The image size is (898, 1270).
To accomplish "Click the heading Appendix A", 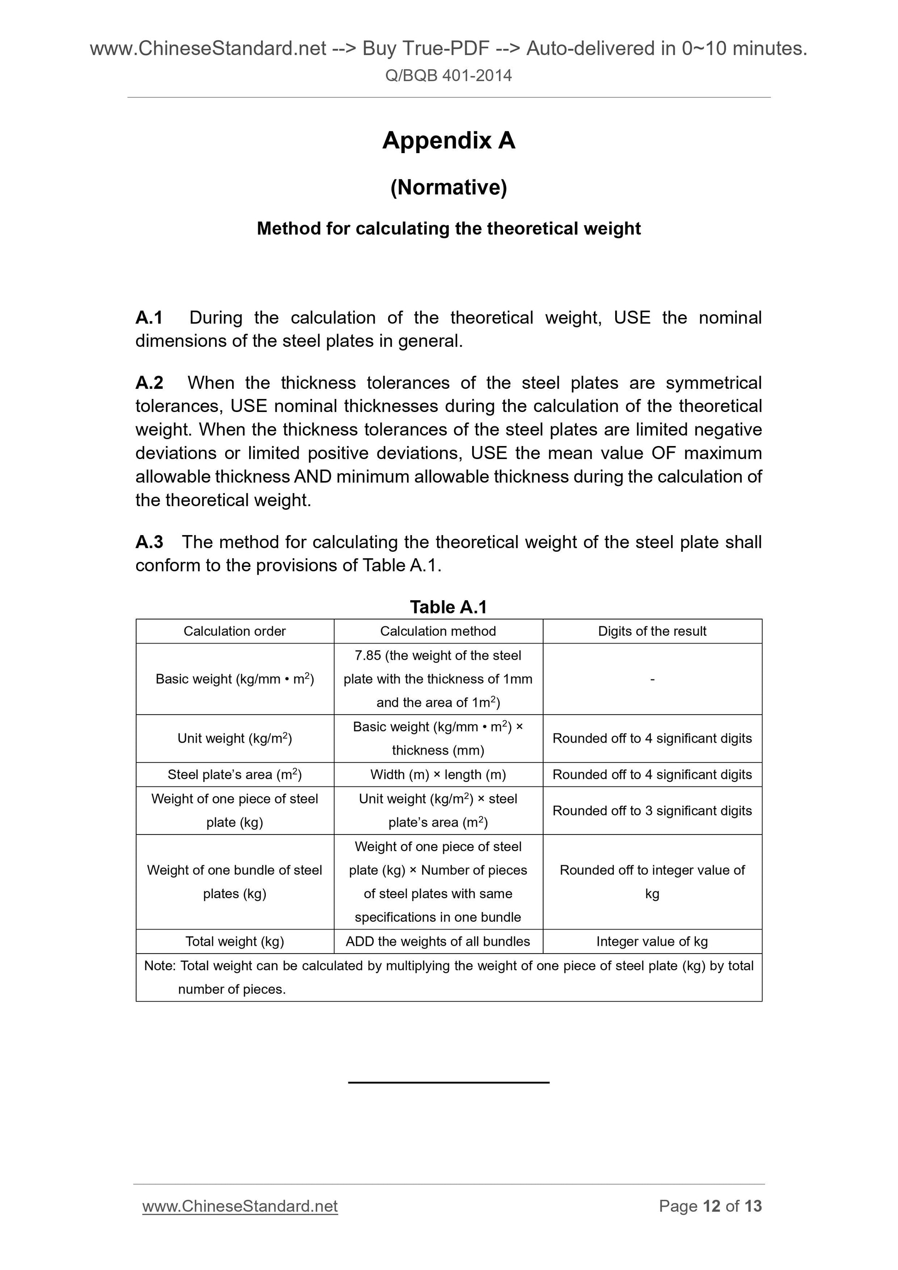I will (x=448, y=141).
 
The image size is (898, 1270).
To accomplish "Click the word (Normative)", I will (x=448, y=187).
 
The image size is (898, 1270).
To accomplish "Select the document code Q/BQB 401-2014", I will (x=448, y=76).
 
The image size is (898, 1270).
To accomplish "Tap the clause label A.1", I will (x=149, y=318).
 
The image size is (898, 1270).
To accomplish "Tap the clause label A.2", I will (x=150, y=383).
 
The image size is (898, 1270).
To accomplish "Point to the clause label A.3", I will (x=150, y=542).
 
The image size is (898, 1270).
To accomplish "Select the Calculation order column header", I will (x=234, y=631).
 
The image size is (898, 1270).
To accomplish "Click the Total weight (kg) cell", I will (x=234, y=942).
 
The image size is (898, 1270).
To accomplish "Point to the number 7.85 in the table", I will (x=367, y=656).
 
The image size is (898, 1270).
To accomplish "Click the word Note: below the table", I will (x=160, y=966).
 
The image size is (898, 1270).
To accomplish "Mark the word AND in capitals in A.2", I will (x=312, y=477).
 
